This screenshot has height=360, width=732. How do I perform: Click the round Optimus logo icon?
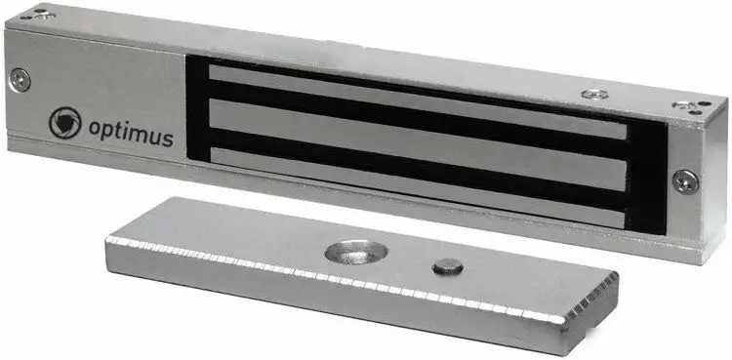(65, 123)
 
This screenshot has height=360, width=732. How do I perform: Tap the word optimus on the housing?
(131, 132)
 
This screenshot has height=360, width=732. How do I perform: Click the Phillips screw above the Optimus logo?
(20, 80)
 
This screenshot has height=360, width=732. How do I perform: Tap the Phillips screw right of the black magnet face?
(686, 181)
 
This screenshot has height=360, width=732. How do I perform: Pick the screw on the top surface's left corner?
(44, 16)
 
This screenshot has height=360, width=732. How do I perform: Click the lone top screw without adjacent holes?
(594, 95)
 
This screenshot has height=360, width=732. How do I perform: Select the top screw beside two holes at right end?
(684, 105)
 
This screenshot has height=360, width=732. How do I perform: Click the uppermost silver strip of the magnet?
(417, 100)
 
